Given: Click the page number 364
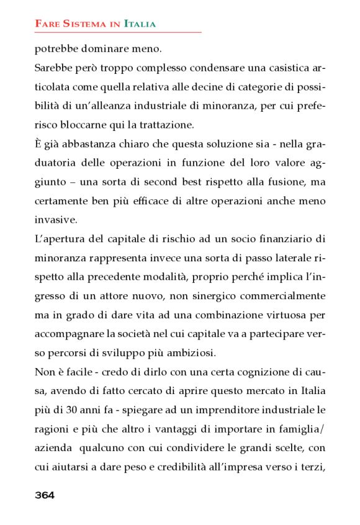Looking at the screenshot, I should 45,495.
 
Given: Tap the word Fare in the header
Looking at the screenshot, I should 47,24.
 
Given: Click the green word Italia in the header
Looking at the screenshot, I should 140,24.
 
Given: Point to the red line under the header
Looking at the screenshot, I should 118,32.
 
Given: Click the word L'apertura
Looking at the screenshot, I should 60,238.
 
